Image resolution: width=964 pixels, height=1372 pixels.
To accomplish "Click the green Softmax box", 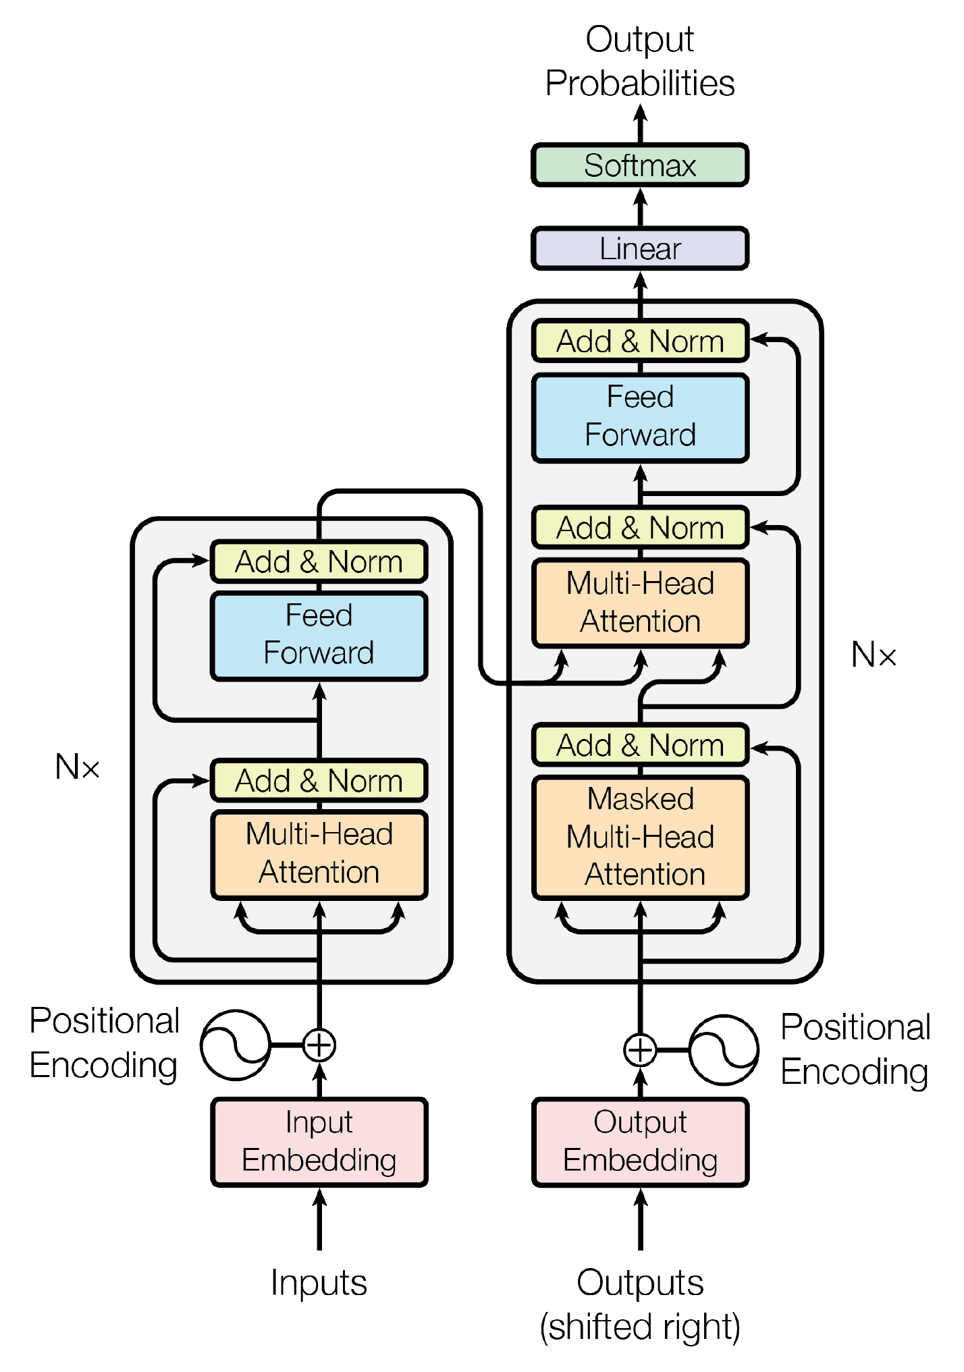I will [x=639, y=165].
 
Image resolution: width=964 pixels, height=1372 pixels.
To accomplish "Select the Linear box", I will [x=639, y=248].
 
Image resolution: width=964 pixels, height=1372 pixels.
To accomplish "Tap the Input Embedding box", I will [x=319, y=1141].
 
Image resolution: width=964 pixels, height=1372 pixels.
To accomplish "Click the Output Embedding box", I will [x=639, y=1141].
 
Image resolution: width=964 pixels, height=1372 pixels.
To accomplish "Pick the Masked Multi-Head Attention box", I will [x=639, y=837].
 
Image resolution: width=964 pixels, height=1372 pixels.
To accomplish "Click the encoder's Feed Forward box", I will [x=319, y=634].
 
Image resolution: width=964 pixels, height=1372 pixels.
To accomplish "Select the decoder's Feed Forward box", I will [x=639, y=416].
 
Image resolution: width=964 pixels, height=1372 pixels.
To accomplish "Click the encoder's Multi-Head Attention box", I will [x=319, y=854].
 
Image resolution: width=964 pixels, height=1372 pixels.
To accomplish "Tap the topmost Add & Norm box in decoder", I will [x=639, y=341].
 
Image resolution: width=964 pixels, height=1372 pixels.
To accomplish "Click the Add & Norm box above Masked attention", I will [x=639, y=745].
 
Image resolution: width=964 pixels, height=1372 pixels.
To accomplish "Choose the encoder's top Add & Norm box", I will [x=319, y=561].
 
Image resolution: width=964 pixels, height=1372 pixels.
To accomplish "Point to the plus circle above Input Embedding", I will [x=319, y=1045].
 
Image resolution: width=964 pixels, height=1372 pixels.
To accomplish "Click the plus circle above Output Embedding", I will [x=639, y=1050].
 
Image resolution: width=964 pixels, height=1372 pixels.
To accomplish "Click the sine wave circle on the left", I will [x=236, y=1045].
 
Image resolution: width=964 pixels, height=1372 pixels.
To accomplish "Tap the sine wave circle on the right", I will [x=724, y=1050].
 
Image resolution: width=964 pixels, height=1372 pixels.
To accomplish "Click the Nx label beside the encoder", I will [x=78, y=767].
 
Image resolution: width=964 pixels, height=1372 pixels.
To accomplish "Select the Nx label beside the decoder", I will [x=874, y=655].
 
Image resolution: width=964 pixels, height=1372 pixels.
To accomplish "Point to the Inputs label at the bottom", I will [x=319, y=1282].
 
